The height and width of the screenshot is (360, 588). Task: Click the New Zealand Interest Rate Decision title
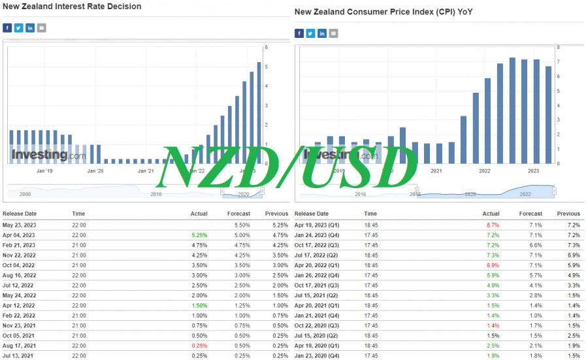coord(72,7)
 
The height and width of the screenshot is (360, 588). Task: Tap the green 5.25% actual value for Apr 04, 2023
coord(199,235)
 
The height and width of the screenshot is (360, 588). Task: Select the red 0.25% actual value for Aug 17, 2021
coord(199,344)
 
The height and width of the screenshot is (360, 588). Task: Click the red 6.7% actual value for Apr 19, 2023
coord(493,225)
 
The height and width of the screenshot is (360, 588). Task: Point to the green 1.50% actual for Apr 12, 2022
coord(199,305)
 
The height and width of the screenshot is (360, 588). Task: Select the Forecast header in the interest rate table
coord(238,214)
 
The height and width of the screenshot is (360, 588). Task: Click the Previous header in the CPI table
coord(568,214)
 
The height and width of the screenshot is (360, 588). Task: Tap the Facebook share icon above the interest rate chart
coord(7,27)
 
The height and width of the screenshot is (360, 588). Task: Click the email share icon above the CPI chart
coord(335,33)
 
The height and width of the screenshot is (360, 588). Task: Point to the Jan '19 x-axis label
coord(44,171)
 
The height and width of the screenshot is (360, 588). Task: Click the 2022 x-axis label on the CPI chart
coord(485,171)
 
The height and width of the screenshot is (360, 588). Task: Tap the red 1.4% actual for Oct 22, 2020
coord(493,325)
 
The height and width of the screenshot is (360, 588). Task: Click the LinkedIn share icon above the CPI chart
coord(322,33)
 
